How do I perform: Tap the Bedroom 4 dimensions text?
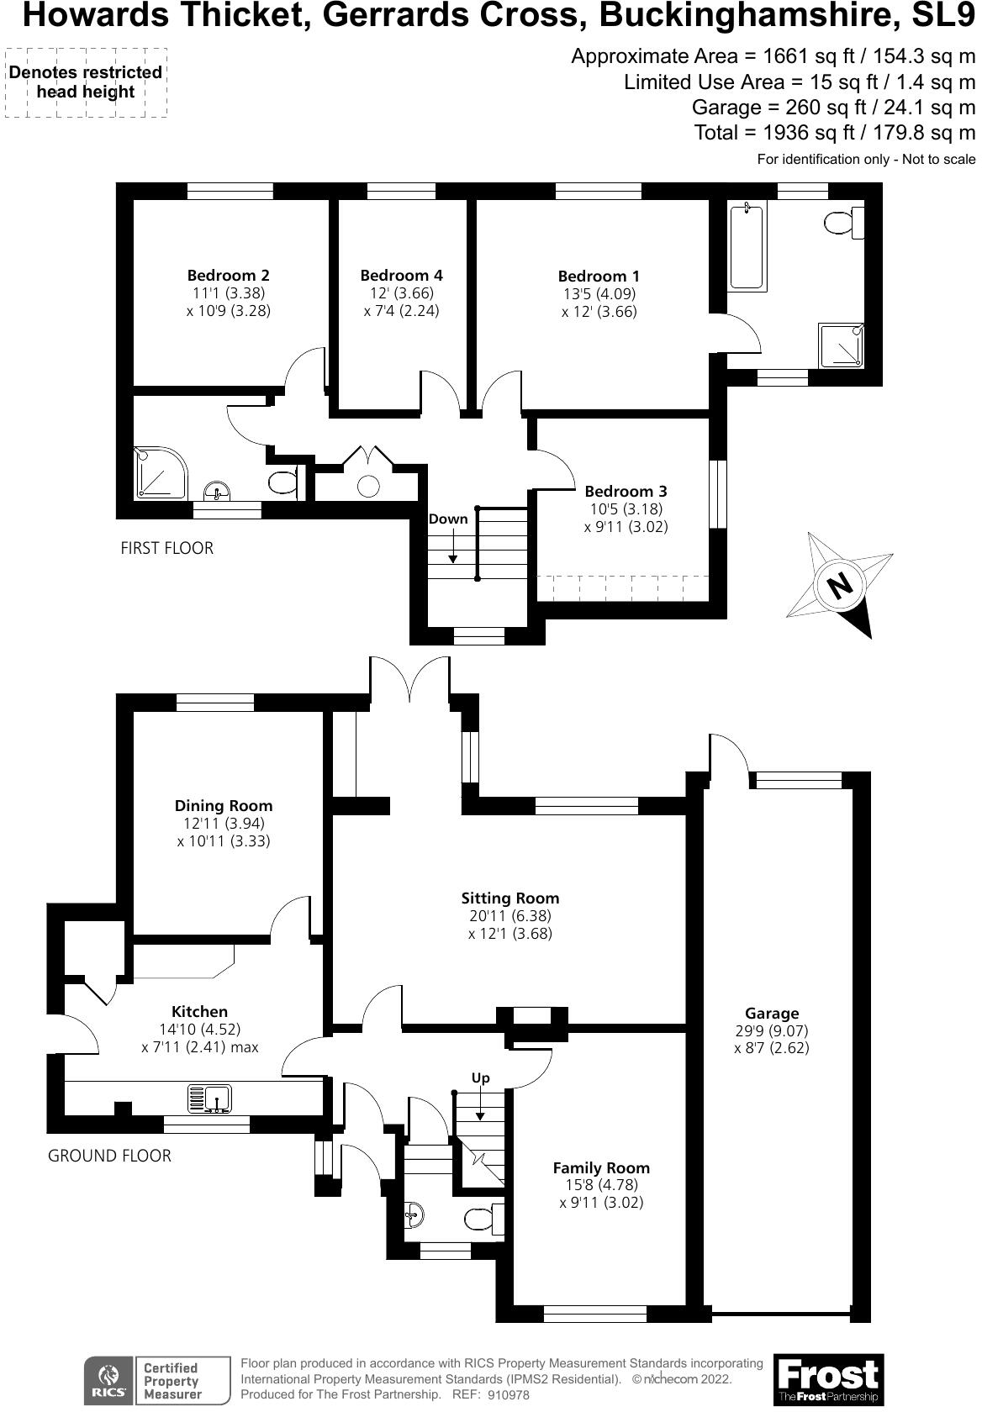click(x=401, y=302)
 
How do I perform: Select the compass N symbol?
click(x=838, y=585)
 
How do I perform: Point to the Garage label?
click(x=771, y=1013)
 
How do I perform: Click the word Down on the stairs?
click(x=447, y=519)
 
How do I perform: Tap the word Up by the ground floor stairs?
click(x=480, y=1077)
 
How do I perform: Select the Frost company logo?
click(x=827, y=1378)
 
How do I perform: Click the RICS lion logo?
click(x=108, y=1379)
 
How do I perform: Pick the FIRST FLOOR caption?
click(x=167, y=548)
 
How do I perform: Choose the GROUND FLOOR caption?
click(x=109, y=1156)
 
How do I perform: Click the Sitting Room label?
click(x=509, y=898)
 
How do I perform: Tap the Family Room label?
click(x=601, y=1167)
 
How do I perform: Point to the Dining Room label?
click(x=224, y=805)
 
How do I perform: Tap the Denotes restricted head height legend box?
click(x=85, y=82)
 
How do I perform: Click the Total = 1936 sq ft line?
click(x=834, y=132)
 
